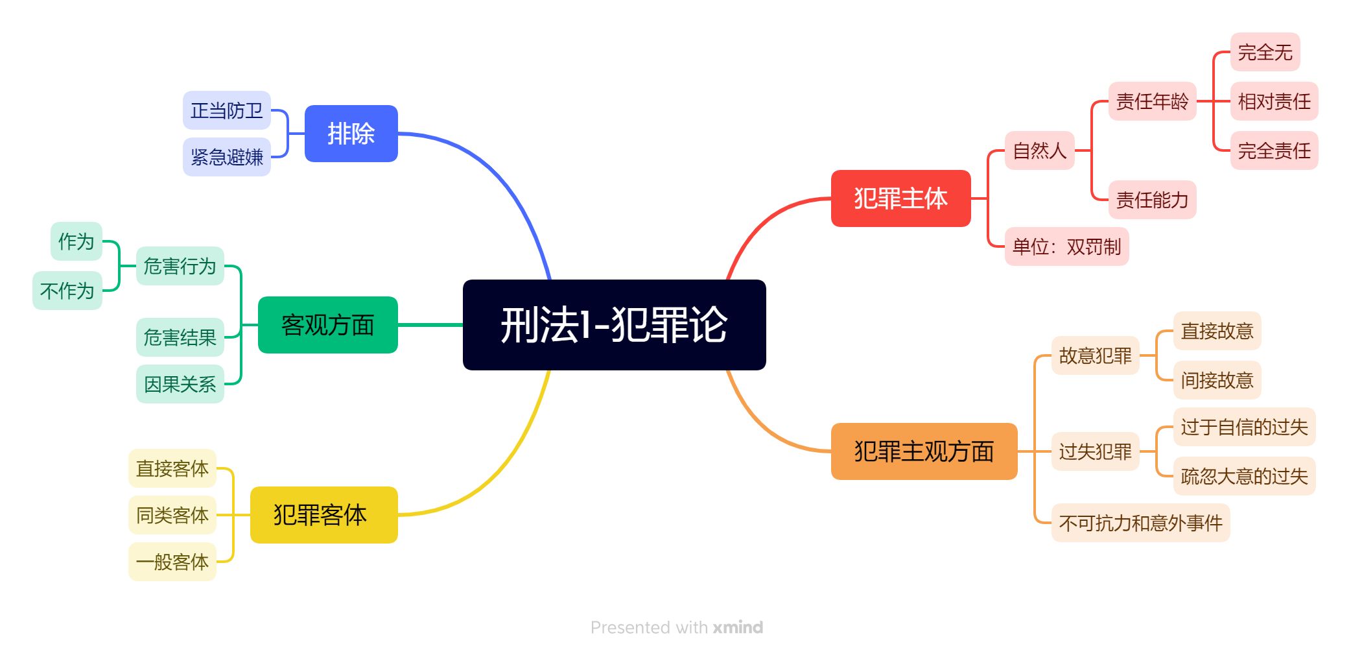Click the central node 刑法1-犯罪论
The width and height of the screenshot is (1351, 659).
pyautogui.click(x=614, y=325)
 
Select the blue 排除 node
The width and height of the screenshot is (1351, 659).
pyautogui.click(x=351, y=134)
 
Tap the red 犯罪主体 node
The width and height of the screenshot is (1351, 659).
pyautogui.click(x=900, y=198)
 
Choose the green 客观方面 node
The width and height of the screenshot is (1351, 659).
pyautogui.click(x=327, y=325)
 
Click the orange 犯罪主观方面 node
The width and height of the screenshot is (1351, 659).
pyautogui.click(x=924, y=451)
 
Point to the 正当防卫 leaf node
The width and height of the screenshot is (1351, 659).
pyautogui.click(x=226, y=110)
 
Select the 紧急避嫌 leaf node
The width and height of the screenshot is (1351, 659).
pyautogui.click(x=226, y=157)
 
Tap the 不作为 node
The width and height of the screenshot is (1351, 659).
pyautogui.click(x=67, y=291)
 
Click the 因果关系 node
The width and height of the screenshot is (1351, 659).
pyautogui.click(x=180, y=384)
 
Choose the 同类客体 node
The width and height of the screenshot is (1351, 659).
pyautogui.click(x=172, y=515)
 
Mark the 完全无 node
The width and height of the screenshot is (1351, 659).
pyautogui.click(x=1265, y=52)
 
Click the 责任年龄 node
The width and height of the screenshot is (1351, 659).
pyautogui.click(x=1152, y=101)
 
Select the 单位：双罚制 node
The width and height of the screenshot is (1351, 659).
pyautogui.click(x=1066, y=246)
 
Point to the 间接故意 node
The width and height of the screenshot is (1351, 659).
pyautogui.click(x=1217, y=380)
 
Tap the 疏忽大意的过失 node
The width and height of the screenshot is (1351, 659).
pyautogui.click(x=1244, y=476)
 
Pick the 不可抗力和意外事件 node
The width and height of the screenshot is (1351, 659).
pyautogui.click(x=1140, y=523)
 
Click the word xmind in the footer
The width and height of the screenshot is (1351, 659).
pyautogui.click(x=738, y=627)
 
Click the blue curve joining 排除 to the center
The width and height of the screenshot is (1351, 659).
pyautogui.click(x=497, y=170)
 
